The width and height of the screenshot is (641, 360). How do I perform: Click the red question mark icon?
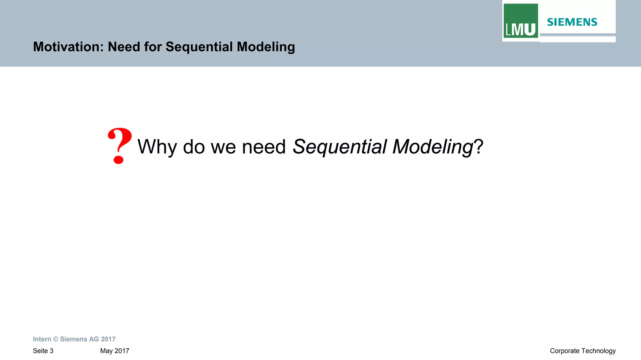[x=119, y=146]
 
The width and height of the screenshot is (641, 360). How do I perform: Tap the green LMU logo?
[x=520, y=21]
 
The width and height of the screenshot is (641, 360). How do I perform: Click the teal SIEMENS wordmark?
[x=572, y=22]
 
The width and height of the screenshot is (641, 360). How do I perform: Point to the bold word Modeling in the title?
[x=266, y=47]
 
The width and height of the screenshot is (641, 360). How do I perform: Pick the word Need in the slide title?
[x=124, y=47]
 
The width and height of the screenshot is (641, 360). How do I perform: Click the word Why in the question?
[x=157, y=146]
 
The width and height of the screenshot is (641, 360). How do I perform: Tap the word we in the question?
[x=223, y=146]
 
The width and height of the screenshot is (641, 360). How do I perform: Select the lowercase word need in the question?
[x=264, y=146]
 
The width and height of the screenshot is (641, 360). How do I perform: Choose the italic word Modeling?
[x=433, y=146]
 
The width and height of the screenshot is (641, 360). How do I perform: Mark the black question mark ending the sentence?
[x=479, y=146]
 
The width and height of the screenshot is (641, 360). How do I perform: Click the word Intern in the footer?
[x=42, y=339]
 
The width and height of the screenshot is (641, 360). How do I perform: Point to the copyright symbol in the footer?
[x=56, y=339]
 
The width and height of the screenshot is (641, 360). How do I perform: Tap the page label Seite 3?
[x=43, y=351]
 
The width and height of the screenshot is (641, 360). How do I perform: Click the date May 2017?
[x=115, y=351]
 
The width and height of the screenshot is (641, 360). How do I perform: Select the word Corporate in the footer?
[x=565, y=351]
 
